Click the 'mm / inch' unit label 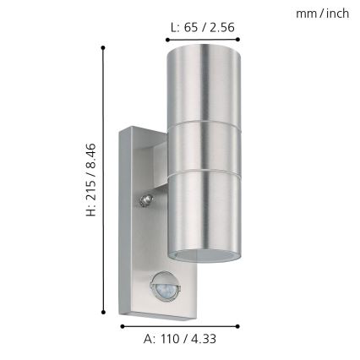point(322,14)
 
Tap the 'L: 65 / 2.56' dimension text point(202,27)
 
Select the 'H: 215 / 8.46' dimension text point(90,178)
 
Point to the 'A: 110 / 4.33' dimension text point(182,339)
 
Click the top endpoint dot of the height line point(104,47)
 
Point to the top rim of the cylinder point(204,50)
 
